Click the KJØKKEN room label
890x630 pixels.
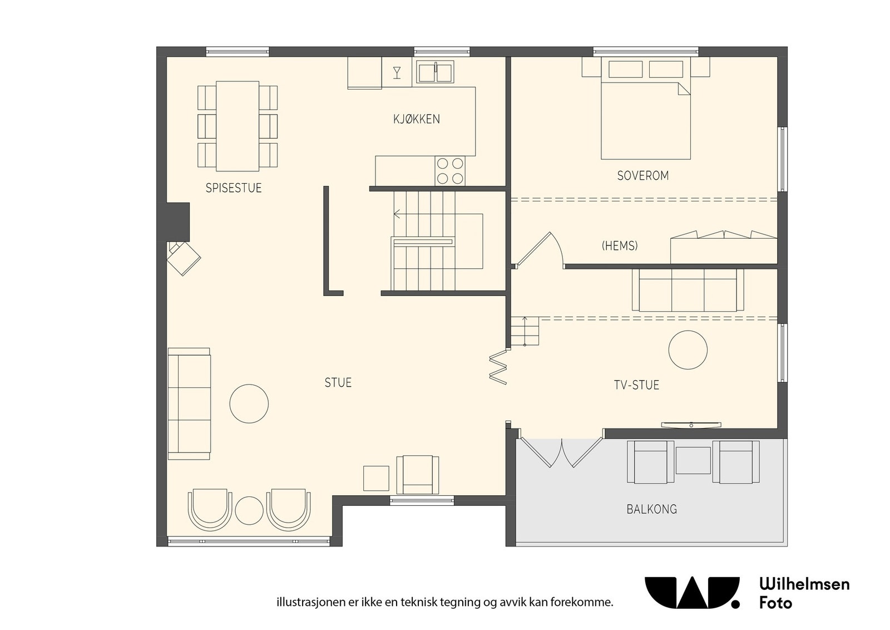pyautogui.click(x=417, y=119)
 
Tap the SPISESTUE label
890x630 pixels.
pyautogui.click(x=234, y=188)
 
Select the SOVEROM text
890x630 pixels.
pyautogui.click(x=643, y=176)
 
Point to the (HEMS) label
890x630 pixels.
pyautogui.click(x=620, y=246)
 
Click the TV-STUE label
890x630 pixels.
pyautogui.click(x=636, y=385)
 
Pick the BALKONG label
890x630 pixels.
pyautogui.click(x=651, y=509)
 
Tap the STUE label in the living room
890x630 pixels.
pyautogui.click(x=338, y=382)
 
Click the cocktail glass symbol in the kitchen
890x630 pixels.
pyautogui.click(x=397, y=73)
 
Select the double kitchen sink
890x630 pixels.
pyautogui.click(x=435, y=72)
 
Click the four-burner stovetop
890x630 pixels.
pyautogui.click(x=450, y=170)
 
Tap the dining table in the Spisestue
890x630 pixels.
pyautogui.click(x=238, y=126)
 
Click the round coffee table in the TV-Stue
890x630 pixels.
pyautogui.click(x=688, y=350)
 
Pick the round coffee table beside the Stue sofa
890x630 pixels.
pyautogui.click(x=249, y=403)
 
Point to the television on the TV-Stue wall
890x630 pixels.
pyautogui.click(x=691, y=425)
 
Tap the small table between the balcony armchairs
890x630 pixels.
pyautogui.click(x=693, y=460)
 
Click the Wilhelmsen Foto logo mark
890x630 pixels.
pyautogui.click(x=692, y=592)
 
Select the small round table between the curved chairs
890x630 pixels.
pyautogui.click(x=249, y=511)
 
